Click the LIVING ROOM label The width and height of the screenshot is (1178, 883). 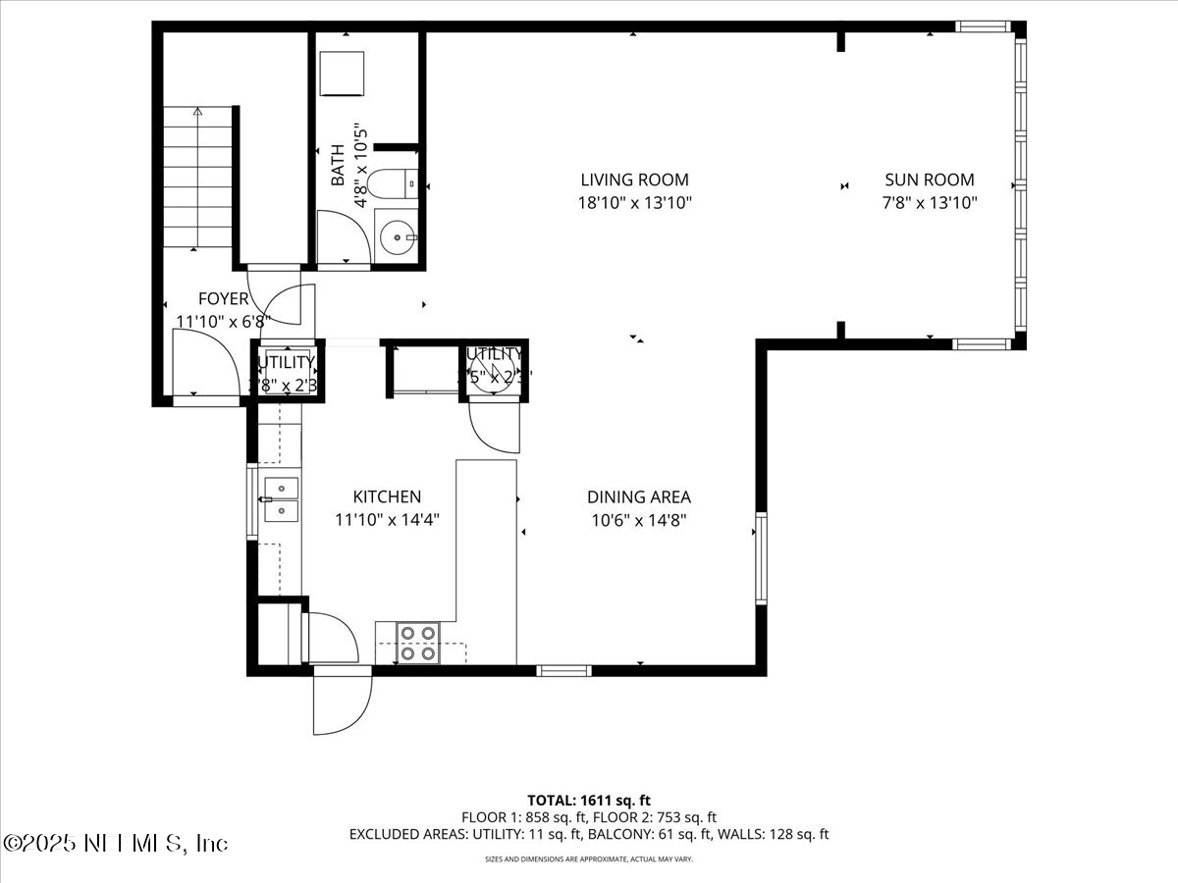(x=634, y=180)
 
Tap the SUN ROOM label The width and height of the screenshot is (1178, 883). (x=930, y=180)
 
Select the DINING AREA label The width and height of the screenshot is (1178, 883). (x=639, y=497)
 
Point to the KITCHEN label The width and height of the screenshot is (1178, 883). (x=388, y=497)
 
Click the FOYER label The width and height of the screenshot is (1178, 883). (x=223, y=299)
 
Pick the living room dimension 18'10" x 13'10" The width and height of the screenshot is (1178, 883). (x=635, y=203)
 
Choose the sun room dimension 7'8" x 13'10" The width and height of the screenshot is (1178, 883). (x=930, y=203)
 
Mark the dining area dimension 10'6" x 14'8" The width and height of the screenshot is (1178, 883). (x=639, y=521)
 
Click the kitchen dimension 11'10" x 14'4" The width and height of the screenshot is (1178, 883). (x=389, y=521)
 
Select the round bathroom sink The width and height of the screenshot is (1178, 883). (x=398, y=236)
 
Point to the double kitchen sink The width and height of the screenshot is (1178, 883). (x=280, y=499)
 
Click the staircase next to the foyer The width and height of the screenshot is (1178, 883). (x=197, y=177)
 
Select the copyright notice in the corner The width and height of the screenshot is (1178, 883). (x=115, y=843)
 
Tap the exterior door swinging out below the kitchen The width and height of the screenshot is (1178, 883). (x=342, y=701)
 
